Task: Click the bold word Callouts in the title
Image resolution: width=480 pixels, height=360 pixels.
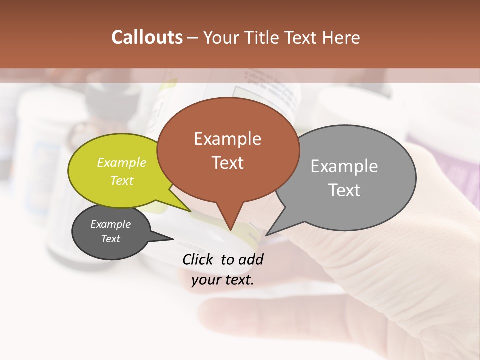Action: [147, 37]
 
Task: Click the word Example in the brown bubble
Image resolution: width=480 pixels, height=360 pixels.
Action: [227, 139]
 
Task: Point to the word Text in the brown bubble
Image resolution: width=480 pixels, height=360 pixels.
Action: [227, 163]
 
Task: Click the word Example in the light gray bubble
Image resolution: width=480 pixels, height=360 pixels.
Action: [344, 166]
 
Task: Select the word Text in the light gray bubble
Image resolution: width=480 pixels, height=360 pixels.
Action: [344, 190]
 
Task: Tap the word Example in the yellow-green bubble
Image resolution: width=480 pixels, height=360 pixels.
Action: [122, 163]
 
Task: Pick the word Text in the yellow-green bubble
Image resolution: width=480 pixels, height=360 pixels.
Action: [122, 180]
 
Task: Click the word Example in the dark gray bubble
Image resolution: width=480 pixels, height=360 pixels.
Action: [110, 224]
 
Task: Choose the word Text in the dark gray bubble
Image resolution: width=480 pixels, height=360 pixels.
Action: [110, 239]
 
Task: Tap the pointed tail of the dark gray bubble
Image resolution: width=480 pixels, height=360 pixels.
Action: [167, 238]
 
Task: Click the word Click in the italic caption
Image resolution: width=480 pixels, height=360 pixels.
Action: [199, 259]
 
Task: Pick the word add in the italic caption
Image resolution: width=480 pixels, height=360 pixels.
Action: [251, 259]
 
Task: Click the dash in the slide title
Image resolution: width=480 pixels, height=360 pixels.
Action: [193, 38]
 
